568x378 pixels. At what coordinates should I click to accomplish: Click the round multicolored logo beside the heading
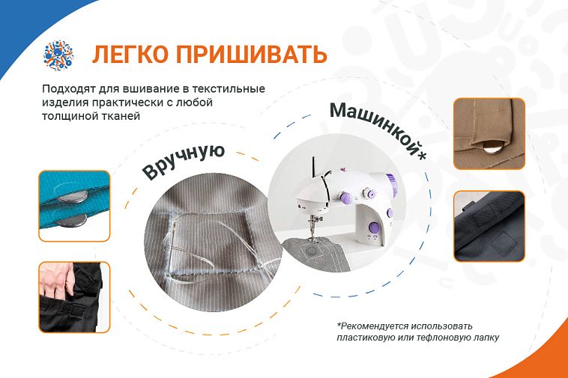coord(58,55)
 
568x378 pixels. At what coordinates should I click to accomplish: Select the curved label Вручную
coord(184,162)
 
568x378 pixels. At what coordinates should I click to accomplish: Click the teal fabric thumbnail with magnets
coord(74,206)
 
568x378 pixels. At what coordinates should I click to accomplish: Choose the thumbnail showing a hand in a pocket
coord(74,297)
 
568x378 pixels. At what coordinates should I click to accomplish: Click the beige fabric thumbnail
coord(489,134)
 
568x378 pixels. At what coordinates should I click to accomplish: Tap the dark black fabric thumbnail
coord(489,227)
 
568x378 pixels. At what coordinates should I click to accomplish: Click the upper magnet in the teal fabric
coord(73,196)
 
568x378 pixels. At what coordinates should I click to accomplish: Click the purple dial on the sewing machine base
coord(373,228)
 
